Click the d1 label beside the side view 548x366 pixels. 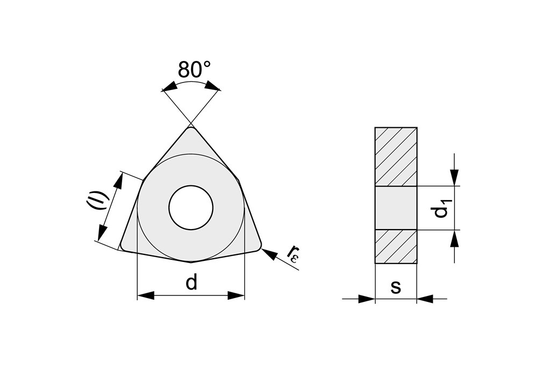pos(441,208)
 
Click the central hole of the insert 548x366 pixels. pos(191,207)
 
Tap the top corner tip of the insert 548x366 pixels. pos(191,127)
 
